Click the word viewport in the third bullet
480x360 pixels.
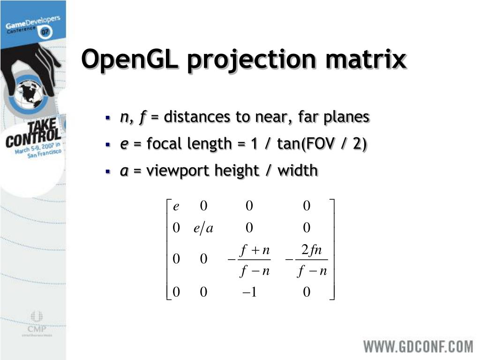178,171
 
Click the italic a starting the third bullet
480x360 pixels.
124,171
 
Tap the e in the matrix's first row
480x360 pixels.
176,206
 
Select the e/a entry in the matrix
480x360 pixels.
203,228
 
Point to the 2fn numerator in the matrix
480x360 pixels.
311,251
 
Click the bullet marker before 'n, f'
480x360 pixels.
108,117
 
